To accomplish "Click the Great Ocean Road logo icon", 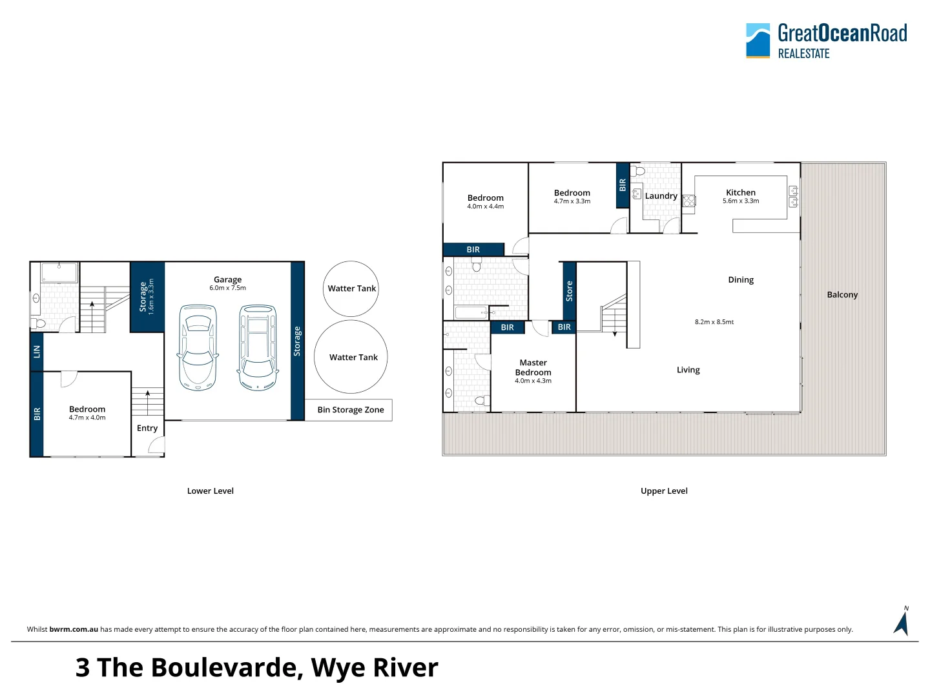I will click(x=758, y=41).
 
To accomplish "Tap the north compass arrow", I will click(x=902, y=622).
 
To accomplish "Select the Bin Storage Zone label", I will click(x=351, y=410).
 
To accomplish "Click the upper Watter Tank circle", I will click(x=351, y=288).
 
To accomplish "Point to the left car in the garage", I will click(x=197, y=348).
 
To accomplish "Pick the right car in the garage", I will click(x=258, y=348).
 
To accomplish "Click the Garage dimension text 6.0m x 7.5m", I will click(x=227, y=288).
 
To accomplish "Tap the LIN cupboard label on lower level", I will click(x=37, y=352).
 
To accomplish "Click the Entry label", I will click(x=147, y=428).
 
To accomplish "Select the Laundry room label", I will click(x=661, y=196).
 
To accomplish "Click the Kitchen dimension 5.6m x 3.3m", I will click(x=741, y=201).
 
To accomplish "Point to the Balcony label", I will click(x=842, y=294).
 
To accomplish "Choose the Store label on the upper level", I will click(x=569, y=291).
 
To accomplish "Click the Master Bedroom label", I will click(x=533, y=367).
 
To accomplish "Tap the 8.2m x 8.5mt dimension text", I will click(x=714, y=321).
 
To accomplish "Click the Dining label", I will click(x=741, y=279).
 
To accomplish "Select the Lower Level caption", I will click(x=211, y=490).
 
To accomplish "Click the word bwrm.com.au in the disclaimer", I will click(x=74, y=629).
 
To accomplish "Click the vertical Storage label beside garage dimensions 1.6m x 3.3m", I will click(x=143, y=297).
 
